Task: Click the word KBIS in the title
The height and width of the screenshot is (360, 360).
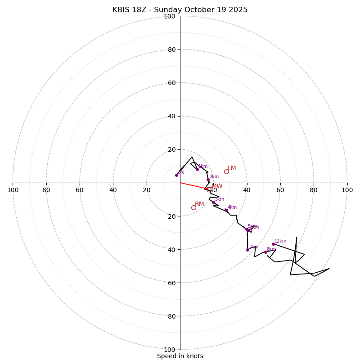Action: [x=121, y=10]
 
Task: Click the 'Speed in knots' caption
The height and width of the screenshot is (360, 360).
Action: [x=180, y=356]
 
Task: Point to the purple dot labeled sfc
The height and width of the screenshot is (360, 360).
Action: [x=176, y=175]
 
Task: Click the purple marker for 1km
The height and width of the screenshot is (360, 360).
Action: [x=197, y=169]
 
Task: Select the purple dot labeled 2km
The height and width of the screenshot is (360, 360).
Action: [x=208, y=180]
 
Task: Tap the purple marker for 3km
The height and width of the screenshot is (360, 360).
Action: [x=213, y=202]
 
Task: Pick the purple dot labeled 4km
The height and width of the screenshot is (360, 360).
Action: [x=226, y=210]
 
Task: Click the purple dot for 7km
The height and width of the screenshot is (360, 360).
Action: [x=247, y=250]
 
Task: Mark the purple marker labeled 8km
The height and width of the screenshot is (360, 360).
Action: [x=265, y=252]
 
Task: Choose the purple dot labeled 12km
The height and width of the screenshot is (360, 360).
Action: [x=273, y=244]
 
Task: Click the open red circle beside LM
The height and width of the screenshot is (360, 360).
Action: [x=226, y=171]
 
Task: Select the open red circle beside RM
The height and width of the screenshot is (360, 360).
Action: [x=193, y=207]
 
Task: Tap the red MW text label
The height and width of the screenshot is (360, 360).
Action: [x=217, y=186]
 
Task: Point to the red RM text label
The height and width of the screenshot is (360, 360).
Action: [x=199, y=204]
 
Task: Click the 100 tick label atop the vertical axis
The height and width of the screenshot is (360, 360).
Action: [x=170, y=17]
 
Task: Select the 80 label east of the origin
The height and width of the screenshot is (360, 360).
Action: [x=314, y=190]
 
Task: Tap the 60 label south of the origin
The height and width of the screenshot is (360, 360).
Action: [x=170, y=283]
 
